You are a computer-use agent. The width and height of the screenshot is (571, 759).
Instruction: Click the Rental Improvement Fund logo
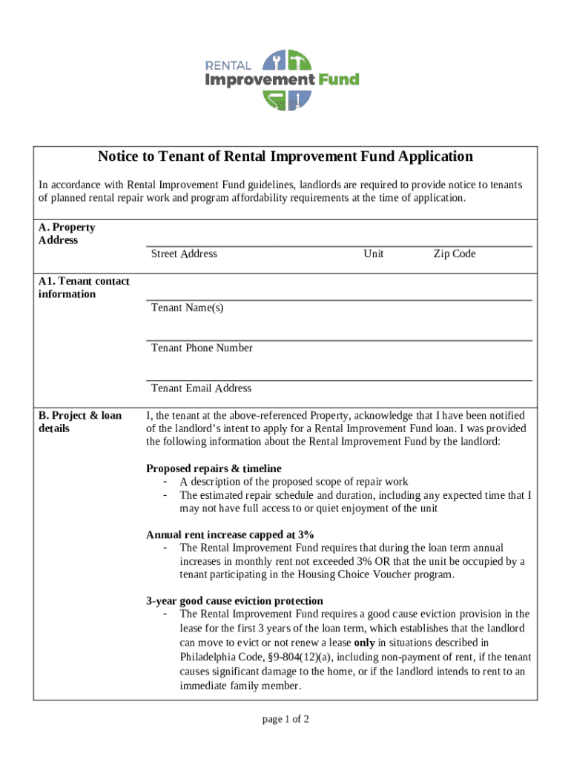(282, 79)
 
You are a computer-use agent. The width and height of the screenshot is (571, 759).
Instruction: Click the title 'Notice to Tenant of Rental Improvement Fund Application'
(285, 156)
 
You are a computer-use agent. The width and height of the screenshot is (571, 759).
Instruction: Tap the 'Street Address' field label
(184, 253)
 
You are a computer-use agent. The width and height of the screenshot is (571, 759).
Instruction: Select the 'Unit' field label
(374, 253)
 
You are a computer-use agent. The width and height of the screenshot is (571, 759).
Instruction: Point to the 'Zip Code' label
(454, 253)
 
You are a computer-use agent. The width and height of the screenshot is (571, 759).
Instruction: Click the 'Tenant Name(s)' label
(187, 308)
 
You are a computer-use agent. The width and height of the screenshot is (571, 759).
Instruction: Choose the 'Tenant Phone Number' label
(202, 348)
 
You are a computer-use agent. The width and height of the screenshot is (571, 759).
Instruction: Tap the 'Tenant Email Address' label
(201, 388)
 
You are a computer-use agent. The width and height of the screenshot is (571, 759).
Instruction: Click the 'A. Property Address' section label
(67, 233)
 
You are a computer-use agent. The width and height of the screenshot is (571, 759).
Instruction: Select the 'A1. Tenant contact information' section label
(84, 288)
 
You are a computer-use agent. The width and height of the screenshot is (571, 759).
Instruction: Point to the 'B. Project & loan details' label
(80, 422)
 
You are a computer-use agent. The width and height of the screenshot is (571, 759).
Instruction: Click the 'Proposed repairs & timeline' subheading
(214, 468)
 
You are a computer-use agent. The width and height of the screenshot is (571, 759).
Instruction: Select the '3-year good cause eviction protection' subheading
(234, 600)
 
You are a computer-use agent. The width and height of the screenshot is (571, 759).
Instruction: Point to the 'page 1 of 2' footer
(285, 719)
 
